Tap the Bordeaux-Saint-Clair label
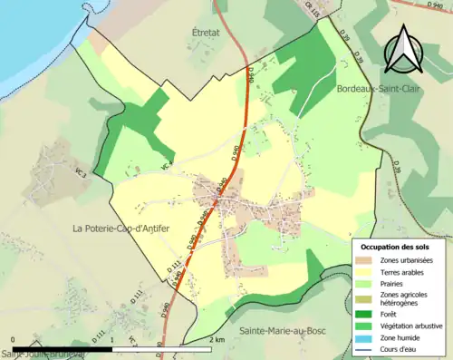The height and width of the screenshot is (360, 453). (376, 90)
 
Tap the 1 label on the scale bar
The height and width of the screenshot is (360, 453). (115, 339)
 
